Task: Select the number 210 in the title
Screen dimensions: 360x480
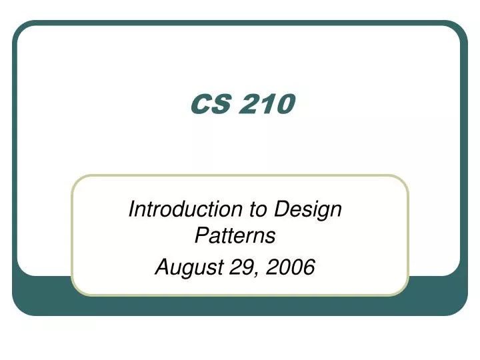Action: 266,103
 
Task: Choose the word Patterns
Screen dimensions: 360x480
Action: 235,235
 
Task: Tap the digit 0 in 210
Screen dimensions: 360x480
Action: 285,103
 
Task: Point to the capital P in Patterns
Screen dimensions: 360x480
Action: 200,235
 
